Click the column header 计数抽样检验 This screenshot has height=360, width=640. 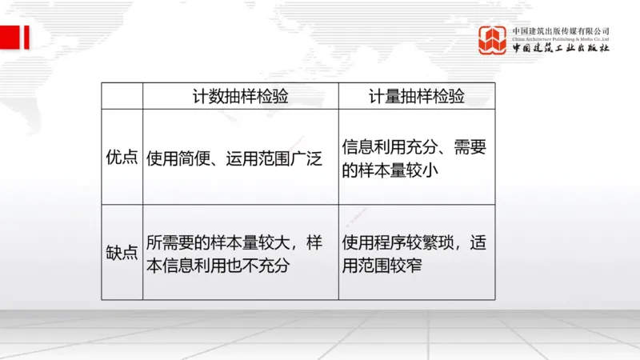pyautogui.click(x=240, y=96)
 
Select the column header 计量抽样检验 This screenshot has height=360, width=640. pyautogui.click(x=416, y=96)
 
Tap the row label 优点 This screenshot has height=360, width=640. pyautogui.click(x=122, y=158)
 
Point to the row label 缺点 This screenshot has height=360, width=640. pyautogui.click(x=122, y=252)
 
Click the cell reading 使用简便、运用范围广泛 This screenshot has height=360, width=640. pyautogui.click(x=234, y=158)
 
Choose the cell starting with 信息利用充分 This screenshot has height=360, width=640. pyautogui.click(x=414, y=158)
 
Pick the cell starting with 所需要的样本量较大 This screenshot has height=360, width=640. pyautogui.click(x=234, y=253)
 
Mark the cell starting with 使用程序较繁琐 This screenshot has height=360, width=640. pyautogui.click(x=414, y=253)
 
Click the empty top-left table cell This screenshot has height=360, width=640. pyautogui.click(x=122, y=96)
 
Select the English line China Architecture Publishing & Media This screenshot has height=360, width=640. pyautogui.click(x=561, y=38)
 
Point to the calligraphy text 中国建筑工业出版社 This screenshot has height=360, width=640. pyautogui.click(x=561, y=48)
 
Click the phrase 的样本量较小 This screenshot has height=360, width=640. pyautogui.click(x=389, y=170)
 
